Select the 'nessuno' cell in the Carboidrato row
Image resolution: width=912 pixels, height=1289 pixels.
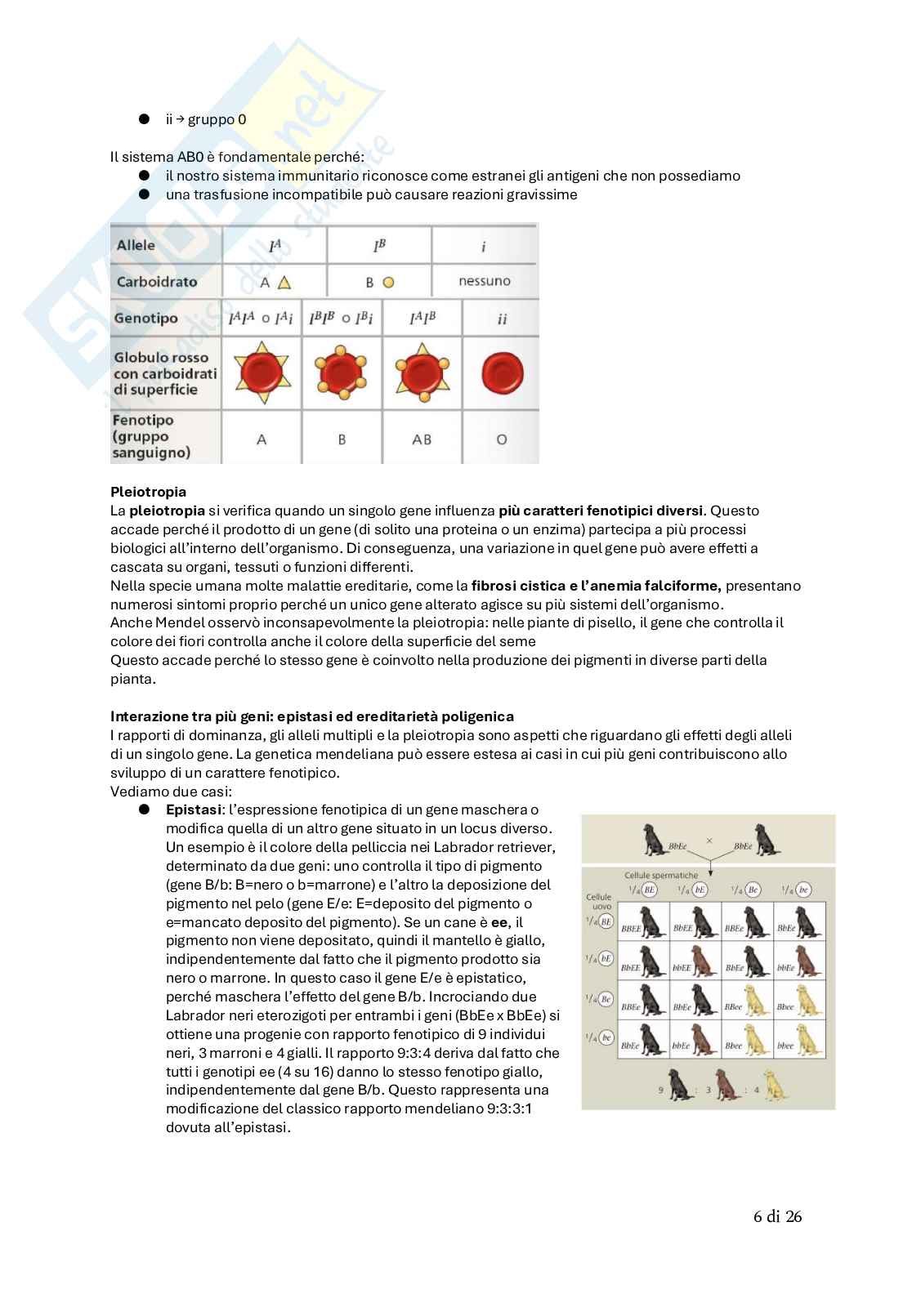pos(484,281)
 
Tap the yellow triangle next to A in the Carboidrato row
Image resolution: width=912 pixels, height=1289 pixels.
pos(284,283)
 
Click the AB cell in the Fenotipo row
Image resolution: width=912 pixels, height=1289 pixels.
pos(422,439)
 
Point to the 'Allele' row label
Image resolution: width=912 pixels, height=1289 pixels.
pos(136,245)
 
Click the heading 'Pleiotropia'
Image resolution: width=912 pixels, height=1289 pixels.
pos(148,492)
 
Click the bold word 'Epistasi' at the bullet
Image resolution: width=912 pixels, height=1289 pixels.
pos(193,810)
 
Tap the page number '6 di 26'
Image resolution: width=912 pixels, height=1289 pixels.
pos(777,1216)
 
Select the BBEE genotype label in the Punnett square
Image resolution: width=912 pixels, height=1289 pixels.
pos(630,929)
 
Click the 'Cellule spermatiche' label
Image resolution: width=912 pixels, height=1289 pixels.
pos(661,875)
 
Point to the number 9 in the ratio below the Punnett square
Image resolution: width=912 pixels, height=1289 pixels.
pos(661,1090)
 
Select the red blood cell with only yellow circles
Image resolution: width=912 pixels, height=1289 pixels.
pos(342,373)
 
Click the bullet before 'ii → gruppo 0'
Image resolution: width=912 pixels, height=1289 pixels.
pos(144,119)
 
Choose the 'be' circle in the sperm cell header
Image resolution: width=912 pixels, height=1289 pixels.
pos(803,890)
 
